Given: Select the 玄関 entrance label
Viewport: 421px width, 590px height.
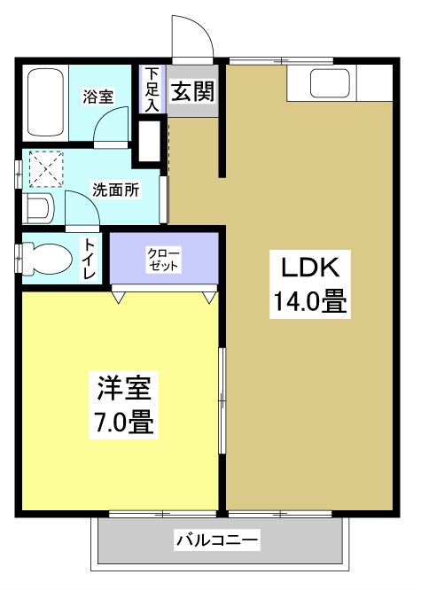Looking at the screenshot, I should [x=191, y=91].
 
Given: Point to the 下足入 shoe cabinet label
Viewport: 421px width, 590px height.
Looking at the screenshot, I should [x=152, y=89].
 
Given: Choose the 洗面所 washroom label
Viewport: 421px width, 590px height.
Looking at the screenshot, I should [x=115, y=190].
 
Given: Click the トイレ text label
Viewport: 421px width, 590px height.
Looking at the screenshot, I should [x=90, y=260].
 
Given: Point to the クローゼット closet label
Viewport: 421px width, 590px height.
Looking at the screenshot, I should [x=163, y=259].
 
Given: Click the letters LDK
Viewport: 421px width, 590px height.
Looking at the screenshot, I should [x=306, y=266].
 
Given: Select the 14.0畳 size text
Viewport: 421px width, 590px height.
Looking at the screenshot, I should [x=306, y=302].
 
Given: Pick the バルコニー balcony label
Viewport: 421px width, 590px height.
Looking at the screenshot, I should [x=217, y=540].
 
